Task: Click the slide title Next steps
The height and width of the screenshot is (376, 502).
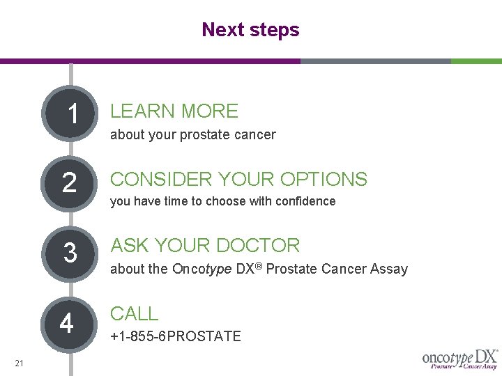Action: tap(250, 30)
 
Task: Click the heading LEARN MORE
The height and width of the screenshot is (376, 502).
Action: tap(174, 111)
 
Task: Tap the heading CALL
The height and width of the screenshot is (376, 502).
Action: tap(135, 314)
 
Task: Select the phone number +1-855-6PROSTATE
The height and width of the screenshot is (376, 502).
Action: tap(176, 337)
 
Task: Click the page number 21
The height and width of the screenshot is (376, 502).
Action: tap(19, 363)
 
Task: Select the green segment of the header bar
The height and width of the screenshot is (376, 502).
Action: tap(476, 61)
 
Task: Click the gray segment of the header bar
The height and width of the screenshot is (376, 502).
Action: tap(375, 61)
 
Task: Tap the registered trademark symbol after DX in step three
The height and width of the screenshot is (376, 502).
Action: tap(257, 266)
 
